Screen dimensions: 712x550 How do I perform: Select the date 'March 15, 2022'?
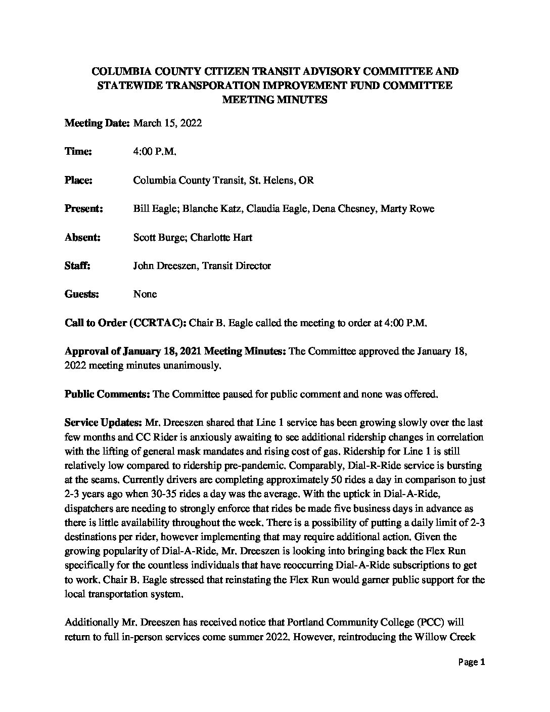point(167,123)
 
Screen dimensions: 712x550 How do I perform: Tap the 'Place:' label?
point(78,181)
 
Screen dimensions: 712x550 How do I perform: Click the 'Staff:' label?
point(77,265)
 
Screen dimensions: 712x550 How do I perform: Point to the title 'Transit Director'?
point(237,265)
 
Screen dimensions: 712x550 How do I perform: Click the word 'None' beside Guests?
point(145,294)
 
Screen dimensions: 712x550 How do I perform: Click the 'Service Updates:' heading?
point(104,422)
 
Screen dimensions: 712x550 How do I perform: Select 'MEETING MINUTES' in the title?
point(275,100)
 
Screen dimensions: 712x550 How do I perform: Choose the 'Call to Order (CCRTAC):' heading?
point(125,323)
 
